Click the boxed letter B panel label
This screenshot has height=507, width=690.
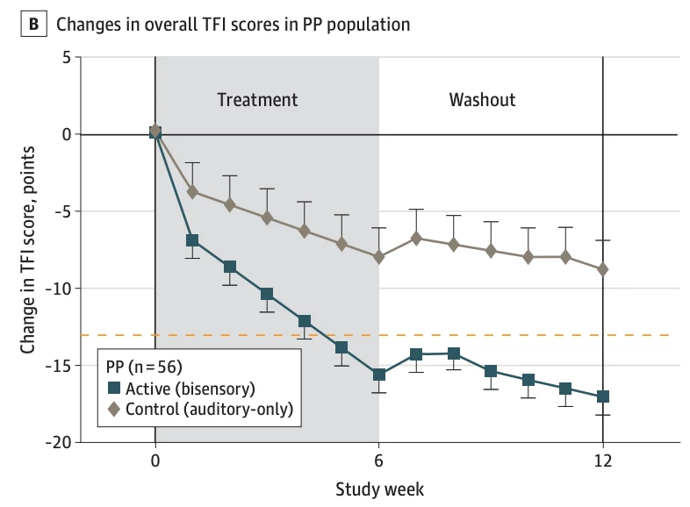pyautogui.click(x=33, y=24)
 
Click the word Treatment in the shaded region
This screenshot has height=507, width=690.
pyautogui.click(x=257, y=99)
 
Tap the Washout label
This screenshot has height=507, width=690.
pyautogui.click(x=482, y=99)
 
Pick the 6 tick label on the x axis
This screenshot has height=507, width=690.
pyautogui.click(x=379, y=463)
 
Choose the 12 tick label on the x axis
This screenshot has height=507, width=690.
pyautogui.click(x=603, y=463)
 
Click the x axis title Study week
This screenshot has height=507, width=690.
pyautogui.click(x=378, y=488)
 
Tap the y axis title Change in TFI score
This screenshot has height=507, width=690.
pyautogui.click(x=28, y=250)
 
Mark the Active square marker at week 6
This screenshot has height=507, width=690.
pyautogui.click(x=379, y=375)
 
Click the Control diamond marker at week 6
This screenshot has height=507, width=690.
pyautogui.click(x=379, y=257)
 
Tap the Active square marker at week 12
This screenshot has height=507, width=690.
pyautogui.click(x=603, y=396)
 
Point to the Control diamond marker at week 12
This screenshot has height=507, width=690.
pyautogui.click(x=603, y=269)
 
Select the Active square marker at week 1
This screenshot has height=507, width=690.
pyautogui.click(x=192, y=240)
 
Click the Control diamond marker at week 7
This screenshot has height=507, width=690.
pyautogui.click(x=416, y=238)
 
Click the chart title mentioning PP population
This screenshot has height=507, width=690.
pyautogui.click(x=234, y=25)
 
